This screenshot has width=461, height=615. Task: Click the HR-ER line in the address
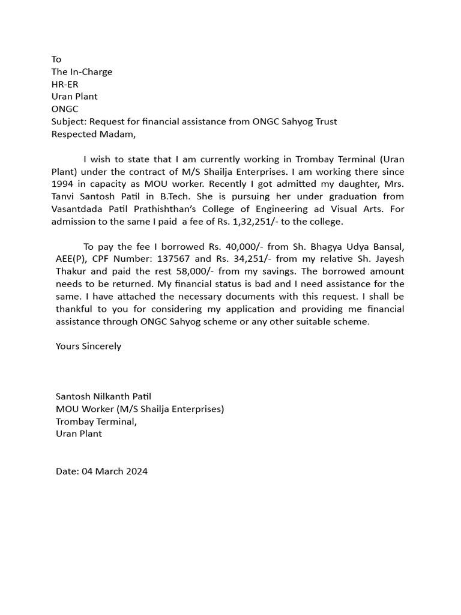tap(65, 84)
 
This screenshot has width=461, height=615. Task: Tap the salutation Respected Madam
tap(94, 134)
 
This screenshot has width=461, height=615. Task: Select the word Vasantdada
tap(77, 209)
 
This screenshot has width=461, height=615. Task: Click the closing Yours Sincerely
tap(88, 346)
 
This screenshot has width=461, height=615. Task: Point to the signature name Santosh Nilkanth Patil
tap(103, 396)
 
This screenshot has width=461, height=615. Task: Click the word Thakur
tap(71, 271)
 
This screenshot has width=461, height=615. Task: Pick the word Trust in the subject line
tap(325, 121)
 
